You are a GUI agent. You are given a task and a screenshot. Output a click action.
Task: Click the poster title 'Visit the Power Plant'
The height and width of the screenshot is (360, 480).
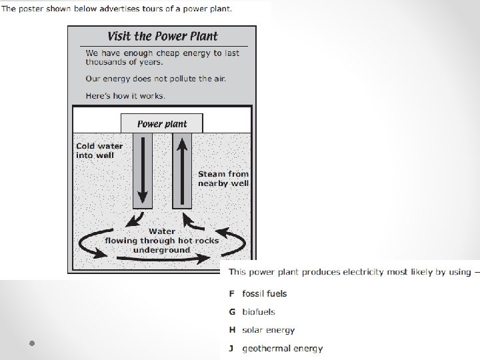click(163, 36)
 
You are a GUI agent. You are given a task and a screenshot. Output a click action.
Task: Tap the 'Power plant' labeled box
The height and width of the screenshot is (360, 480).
click(162, 123)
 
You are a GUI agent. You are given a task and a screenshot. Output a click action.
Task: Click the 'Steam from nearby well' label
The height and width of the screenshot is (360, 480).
click(223, 178)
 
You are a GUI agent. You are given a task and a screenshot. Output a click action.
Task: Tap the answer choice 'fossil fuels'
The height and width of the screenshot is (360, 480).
click(265, 293)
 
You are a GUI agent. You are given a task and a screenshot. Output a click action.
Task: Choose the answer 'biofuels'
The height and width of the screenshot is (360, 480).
click(259, 311)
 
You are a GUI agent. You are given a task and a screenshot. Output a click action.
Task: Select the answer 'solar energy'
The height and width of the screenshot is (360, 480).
click(268, 329)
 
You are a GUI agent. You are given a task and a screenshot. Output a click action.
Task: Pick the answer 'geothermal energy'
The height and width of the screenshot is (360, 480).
click(283, 348)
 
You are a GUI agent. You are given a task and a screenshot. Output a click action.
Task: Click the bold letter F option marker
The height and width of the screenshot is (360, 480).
click(231, 293)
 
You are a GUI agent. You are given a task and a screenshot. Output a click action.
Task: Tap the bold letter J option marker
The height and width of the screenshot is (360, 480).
click(231, 348)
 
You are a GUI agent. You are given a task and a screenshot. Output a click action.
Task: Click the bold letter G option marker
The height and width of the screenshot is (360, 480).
click(232, 311)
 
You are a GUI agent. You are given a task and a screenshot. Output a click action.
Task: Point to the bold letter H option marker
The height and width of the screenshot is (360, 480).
click(232, 329)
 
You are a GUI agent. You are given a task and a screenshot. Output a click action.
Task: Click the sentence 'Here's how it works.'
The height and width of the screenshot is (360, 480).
click(125, 95)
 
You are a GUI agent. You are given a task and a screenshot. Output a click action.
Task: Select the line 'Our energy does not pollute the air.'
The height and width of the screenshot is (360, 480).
click(155, 79)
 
